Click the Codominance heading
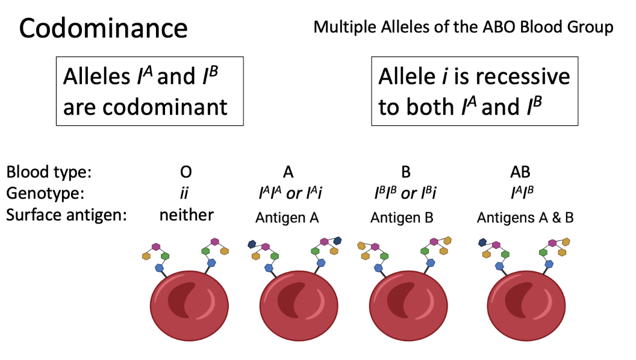[x=103, y=28]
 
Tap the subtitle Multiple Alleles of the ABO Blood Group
[x=463, y=27]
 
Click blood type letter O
[x=186, y=172]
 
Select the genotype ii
[x=186, y=193]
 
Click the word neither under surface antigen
[x=186, y=215]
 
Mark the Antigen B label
[x=402, y=217]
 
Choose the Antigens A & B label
[x=525, y=217]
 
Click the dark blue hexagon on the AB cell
[x=483, y=243]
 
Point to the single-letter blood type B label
[x=406, y=172]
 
